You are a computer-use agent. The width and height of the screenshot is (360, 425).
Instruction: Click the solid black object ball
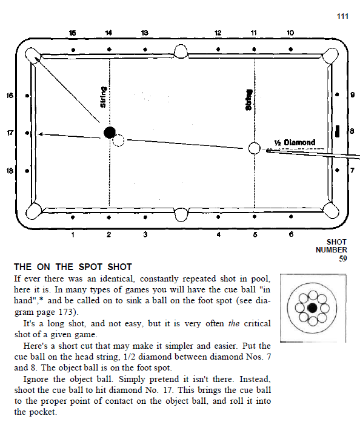pyautogui.click(x=110, y=133)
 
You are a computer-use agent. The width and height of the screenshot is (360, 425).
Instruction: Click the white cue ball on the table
pyautogui.click(x=254, y=148)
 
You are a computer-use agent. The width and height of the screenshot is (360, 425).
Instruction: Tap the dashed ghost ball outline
pyautogui.click(x=118, y=140)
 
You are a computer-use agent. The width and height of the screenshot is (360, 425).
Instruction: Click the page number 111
pyautogui.click(x=342, y=16)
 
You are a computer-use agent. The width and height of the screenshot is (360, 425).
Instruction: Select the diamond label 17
pyautogui.click(x=10, y=133)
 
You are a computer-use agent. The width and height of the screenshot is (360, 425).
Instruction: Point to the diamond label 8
pyautogui.click(x=352, y=131)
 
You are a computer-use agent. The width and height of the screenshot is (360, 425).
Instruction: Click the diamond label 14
pyautogui.click(x=108, y=33)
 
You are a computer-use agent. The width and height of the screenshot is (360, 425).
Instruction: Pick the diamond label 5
pyautogui.click(x=255, y=234)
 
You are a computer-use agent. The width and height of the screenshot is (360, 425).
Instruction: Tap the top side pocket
pyautogui.click(x=181, y=51)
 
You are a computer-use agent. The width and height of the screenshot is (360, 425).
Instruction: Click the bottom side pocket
pyautogui.click(x=181, y=215)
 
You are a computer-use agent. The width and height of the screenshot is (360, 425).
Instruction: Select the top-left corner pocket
pyautogui.click(x=33, y=56)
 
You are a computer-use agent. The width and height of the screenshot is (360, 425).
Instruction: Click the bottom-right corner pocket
pyautogui.click(x=331, y=210)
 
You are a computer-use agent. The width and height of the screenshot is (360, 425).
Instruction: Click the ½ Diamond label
pyautogui.click(x=295, y=142)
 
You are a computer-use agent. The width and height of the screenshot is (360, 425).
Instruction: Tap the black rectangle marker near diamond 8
pyautogui.click(x=338, y=131)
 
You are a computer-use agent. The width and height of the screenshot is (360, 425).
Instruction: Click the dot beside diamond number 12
pyautogui.click(x=218, y=49)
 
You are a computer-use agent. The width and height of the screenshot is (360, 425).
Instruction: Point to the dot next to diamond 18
pyautogui.click(x=27, y=171)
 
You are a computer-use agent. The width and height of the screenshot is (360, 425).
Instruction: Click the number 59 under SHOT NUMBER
pyautogui.click(x=343, y=259)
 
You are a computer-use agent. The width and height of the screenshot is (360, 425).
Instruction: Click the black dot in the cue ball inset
pyautogui.click(x=313, y=308)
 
